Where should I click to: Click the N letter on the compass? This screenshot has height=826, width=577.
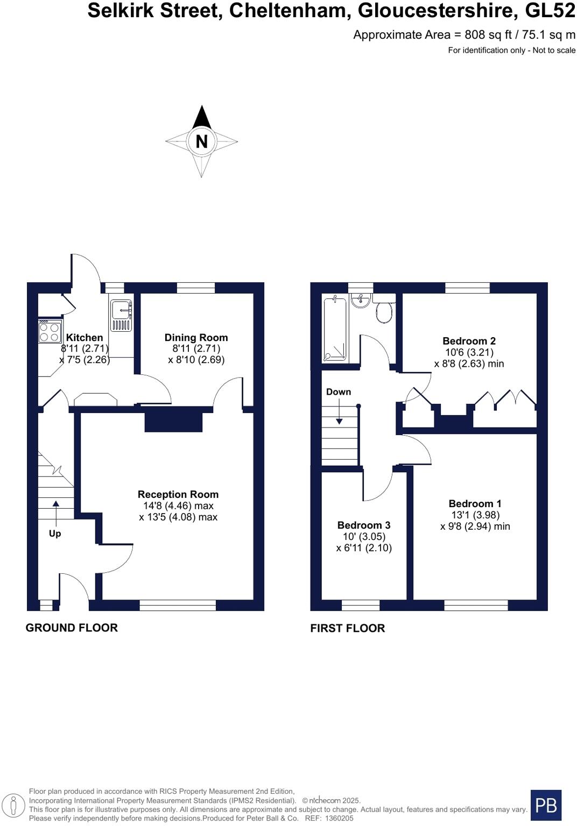pos(201,141)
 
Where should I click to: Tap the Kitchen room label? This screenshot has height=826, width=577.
pos(84,338)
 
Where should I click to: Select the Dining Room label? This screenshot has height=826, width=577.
pos(196,338)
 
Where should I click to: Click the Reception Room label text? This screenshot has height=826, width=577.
pos(178,494)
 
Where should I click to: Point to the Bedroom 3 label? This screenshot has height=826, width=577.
pos(364,525)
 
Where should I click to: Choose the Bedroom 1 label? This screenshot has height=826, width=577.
pos(475,504)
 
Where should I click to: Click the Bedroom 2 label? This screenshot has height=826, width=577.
pos(469,341)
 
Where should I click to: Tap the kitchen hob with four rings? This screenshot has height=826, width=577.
pos(50,332)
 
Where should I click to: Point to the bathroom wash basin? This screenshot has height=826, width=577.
pos(360,301)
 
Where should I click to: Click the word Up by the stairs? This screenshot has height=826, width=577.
pos(55,533)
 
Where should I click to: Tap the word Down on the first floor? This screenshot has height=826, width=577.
pos(339,392)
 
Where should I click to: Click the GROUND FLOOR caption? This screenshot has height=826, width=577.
pos(72,628)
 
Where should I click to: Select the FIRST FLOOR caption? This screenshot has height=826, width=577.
pos(348,628)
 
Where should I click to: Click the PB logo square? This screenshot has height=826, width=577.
pos(546,805)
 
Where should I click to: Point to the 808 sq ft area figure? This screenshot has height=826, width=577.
pos(483,35)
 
